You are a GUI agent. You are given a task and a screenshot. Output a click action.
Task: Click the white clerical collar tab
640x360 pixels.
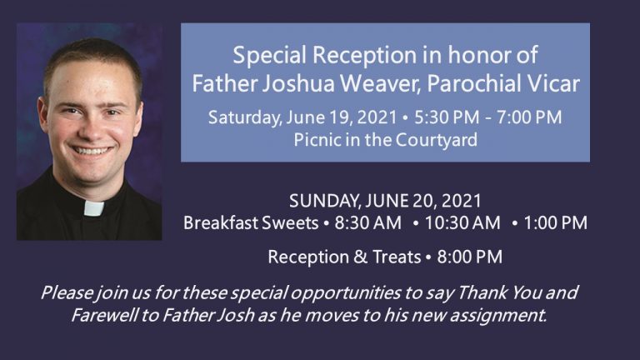[93, 207]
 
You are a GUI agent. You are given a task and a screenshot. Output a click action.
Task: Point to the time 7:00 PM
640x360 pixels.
[527, 117]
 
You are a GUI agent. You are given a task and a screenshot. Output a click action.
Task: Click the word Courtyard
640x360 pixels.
[436, 139]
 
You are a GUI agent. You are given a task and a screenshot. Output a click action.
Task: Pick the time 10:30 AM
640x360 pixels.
[462, 223]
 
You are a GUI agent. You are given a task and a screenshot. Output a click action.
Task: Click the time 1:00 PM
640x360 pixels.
[555, 223]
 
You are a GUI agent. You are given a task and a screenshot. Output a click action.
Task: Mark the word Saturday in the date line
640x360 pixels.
[242, 117]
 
